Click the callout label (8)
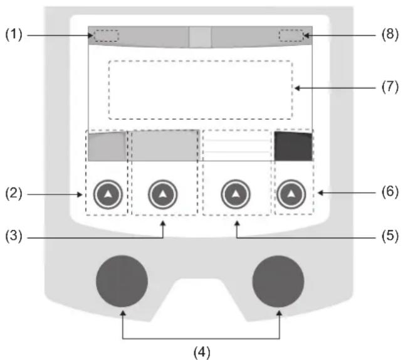coord(388,35)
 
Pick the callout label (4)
coord(201,352)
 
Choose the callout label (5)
coord(388,238)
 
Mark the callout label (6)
coord(388,192)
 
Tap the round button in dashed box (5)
coord(235,196)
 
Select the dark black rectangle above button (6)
coord(293,147)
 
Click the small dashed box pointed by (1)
coord(107,36)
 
